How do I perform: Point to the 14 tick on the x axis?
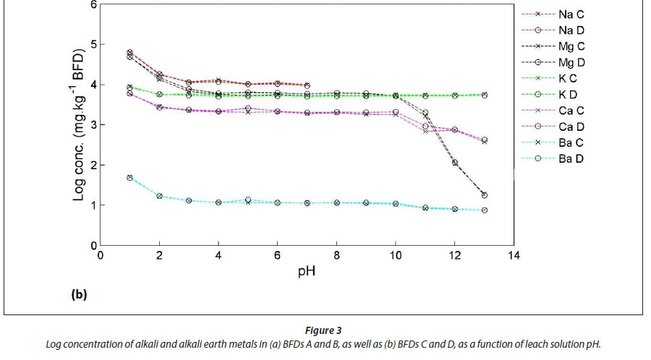click(x=514, y=255)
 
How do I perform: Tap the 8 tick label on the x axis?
click(x=336, y=255)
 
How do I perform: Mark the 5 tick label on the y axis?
click(x=93, y=44)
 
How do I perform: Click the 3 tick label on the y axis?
click(x=93, y=124)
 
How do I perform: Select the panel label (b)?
click(x=79, y=294)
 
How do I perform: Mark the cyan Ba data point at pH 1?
click(x=129, y=177)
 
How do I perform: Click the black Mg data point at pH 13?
click(x=484, y=195)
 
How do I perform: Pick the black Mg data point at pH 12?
click(x=455, y=163)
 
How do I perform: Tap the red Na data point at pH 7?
click(x=307, y=85)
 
